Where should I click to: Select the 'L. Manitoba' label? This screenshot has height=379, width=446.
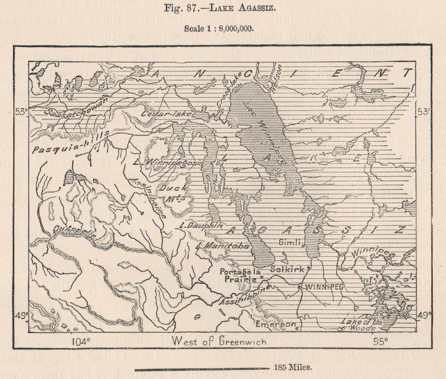[222, 245]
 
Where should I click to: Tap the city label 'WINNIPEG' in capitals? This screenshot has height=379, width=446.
[323, 287]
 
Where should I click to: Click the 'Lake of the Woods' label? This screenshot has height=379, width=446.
[362, 325]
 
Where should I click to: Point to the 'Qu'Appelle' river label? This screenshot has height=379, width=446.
[74, 231]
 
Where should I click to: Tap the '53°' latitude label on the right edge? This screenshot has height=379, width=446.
[423, 112]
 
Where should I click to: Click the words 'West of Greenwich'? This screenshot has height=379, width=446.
[219, 341]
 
